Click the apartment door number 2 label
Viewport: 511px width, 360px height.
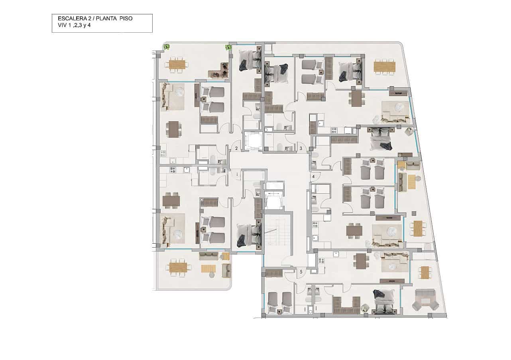(x=236, y=149)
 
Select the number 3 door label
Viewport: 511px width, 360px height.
(x=301, y=149)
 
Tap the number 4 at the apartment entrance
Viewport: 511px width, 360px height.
(x=314, y=176)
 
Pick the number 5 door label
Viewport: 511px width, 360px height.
(x=301, y=272)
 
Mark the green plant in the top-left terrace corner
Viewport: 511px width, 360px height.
(x=166, y=47)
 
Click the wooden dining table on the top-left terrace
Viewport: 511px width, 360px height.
(x=177, y=64)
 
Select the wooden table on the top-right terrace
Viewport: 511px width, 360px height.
(x=384, y=67)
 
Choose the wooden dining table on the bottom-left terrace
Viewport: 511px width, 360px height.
(x=178, y=268)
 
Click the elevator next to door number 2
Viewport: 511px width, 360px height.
(x=253, y=141)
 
